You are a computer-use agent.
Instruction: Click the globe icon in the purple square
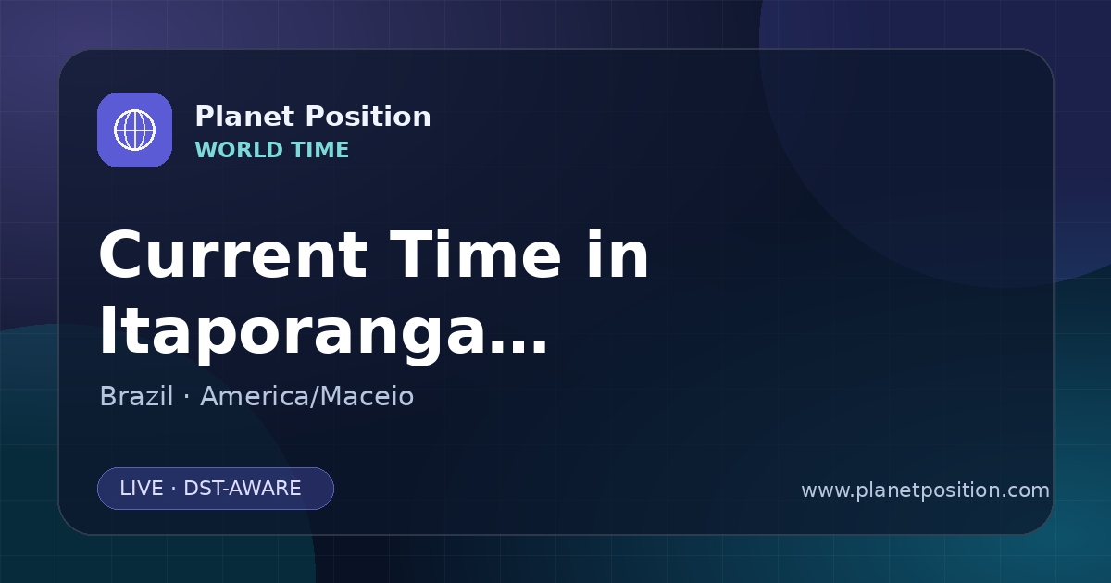(x=134, y=130)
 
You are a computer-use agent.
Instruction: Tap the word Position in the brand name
(x=368, y=117)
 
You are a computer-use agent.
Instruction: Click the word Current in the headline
(x=233, y=254)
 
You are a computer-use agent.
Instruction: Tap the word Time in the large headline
(x=475, y=254)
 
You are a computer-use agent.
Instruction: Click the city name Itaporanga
(x=291, y=331)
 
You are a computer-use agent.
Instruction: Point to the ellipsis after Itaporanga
(x=517, y=346)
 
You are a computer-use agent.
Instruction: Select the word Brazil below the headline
(x=136, y=396)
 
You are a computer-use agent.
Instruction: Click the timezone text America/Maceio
(x=307, y=396)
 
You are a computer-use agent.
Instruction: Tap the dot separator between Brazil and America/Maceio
(x=186, y=397)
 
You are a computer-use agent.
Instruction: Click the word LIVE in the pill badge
(x=142, y=489)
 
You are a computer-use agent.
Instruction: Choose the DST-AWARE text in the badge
(x=242, y=489)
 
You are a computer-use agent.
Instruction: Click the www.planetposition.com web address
(x=926, y=490)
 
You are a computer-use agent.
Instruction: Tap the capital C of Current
(x=120, y=254)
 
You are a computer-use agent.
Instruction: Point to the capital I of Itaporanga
(x=106, y=329)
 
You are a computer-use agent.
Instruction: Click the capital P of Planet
(x=205, y=117)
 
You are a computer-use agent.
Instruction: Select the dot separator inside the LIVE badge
(x=174, y=489)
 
